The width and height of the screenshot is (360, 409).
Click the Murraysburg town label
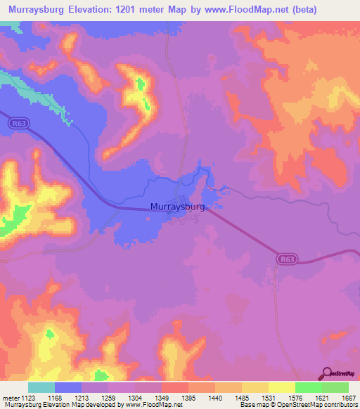[177, 207]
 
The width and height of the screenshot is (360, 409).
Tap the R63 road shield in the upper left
[19, 123]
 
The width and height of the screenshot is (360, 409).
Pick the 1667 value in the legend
[345, 398]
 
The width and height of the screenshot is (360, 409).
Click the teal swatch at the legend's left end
[41, 387]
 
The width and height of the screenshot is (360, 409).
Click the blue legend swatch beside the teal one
[68, 387]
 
